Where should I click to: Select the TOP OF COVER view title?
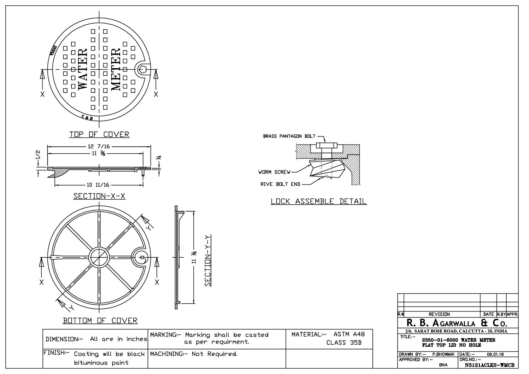pos(99,134)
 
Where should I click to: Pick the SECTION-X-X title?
pos(99,196)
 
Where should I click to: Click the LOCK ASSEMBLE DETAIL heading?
pos(318,201)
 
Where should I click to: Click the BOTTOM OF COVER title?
pos(100,321)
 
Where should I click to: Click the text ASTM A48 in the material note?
pos(349,334)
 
